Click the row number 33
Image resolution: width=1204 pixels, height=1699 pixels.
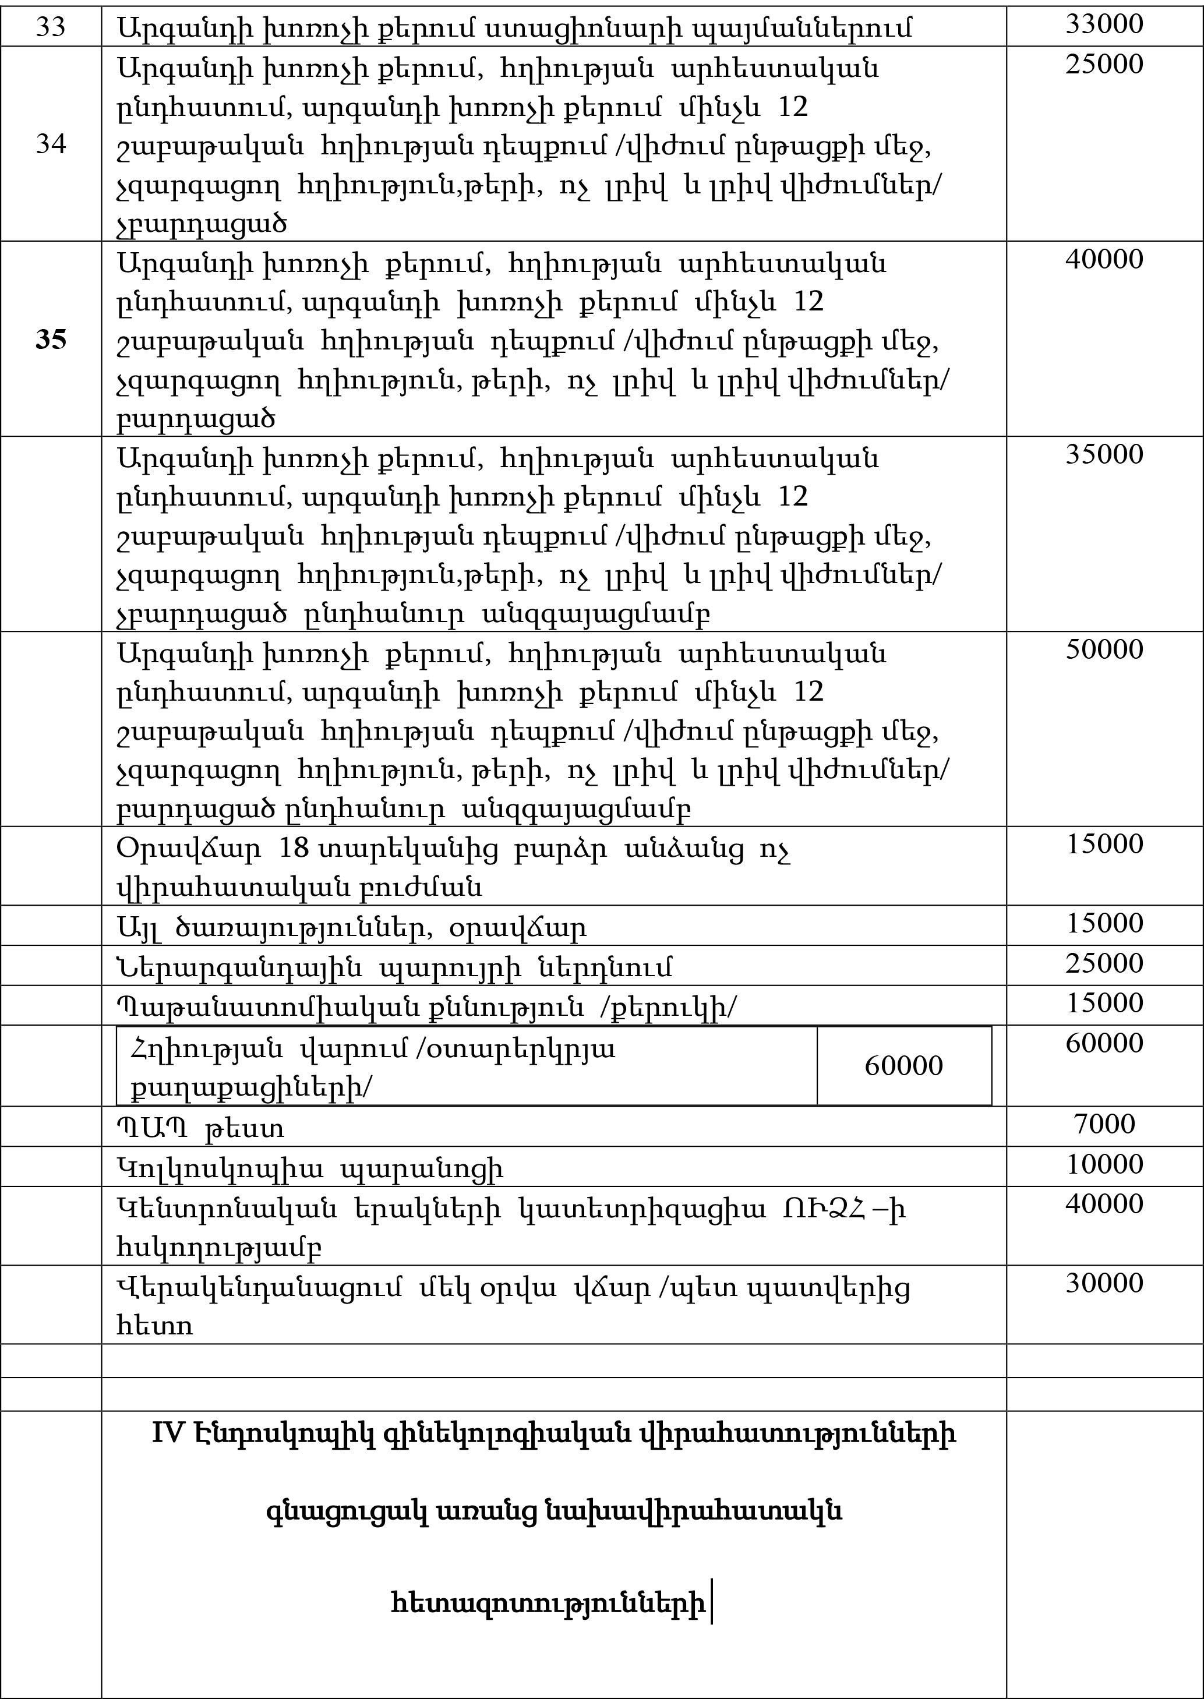pyautogui.click(x=51, y=27)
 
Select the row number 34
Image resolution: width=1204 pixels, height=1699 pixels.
pyautogui.click(x=51, y=144)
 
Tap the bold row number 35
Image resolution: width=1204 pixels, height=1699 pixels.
pyautogui.click(x=51, y=340)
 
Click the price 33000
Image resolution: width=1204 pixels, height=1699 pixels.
pyautogui.click(x=1104, y=24)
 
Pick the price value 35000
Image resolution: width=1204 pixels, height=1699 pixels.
pyautogui.click(x=1104, y=454)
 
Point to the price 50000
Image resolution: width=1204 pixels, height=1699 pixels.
pyautogui.click(x=1104, y=649)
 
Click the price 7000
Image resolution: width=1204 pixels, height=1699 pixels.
pyautogui.click(x=1104, y=1124)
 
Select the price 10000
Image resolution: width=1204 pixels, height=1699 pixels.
pyautogui.click(x=1104, y=1164)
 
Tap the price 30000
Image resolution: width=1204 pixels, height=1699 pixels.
pyautogui.click(x=1104, y=1283)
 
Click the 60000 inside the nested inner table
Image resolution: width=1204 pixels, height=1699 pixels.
pyautogui.click(x=903, y=1065)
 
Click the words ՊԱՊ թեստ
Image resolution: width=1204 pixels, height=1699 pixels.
pyautogui.click(x=200, y=1128)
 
